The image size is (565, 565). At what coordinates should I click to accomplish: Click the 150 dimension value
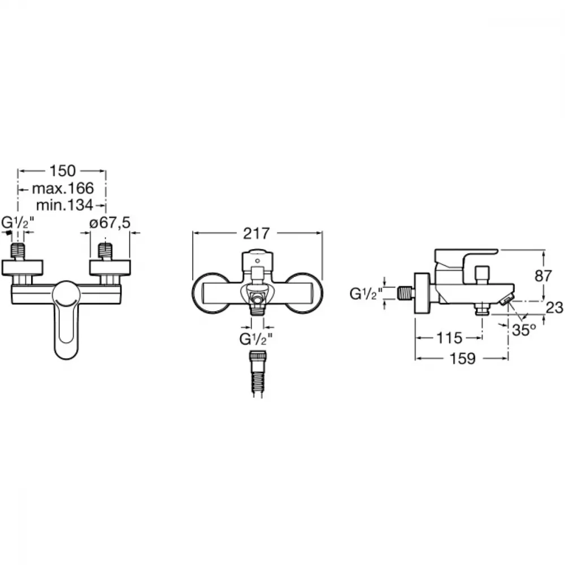tap(62, 171)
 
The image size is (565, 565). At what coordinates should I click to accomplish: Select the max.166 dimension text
tap(63, 188)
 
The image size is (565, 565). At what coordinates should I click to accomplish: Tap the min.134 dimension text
tap(64, 205)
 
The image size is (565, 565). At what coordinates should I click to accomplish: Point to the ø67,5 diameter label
tap(110, 223)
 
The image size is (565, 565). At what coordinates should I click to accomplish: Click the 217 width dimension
tap(256, 233)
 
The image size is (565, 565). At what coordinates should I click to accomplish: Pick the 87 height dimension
tap(543, 276)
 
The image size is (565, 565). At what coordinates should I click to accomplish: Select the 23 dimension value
tap(555, 308)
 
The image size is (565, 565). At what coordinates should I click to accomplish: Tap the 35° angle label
tap(524, 330)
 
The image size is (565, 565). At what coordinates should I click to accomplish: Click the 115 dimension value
tap(449, 338)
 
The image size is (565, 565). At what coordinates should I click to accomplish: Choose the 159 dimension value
tap(463, 358)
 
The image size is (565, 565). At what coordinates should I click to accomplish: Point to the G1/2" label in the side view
tap(366, 294)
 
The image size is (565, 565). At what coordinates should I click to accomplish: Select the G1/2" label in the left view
tap(18, 222)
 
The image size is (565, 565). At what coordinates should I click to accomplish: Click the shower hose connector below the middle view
tap(258, 375)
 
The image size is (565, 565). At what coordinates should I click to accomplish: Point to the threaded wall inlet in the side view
tap(406, 292)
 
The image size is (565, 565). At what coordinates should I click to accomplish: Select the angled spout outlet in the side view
tap(507, 299)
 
